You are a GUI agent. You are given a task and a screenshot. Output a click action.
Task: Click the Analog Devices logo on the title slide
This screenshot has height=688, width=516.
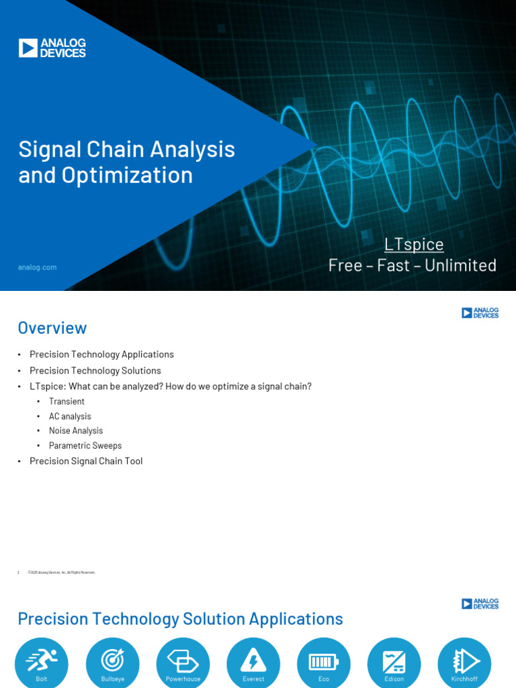coord(52,48)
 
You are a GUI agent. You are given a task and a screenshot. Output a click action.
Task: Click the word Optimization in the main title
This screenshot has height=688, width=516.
coord(127,175)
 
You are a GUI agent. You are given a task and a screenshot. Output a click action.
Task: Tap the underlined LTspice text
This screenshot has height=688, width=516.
coord(414,244)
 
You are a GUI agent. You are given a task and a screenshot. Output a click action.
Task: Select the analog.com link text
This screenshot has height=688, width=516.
coord(37,267)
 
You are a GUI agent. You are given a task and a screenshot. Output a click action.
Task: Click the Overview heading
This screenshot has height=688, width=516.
coord(52,328)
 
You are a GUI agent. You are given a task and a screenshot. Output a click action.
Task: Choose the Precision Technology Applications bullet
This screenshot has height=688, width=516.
coord(101,354)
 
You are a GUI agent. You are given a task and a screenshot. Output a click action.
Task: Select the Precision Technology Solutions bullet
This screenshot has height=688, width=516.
coord(95,370)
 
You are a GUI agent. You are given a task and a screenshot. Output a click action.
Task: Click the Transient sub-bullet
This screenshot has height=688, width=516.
coord(67,401)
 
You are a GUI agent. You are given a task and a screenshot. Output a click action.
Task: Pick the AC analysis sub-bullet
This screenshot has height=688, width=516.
coord(70,417)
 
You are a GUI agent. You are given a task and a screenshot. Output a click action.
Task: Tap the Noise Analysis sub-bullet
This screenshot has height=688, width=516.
coord(76,431)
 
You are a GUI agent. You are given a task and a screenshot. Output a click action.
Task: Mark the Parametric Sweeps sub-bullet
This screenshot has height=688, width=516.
coord(85,445)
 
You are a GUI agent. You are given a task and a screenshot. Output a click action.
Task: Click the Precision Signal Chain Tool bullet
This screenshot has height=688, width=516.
coord(86,461)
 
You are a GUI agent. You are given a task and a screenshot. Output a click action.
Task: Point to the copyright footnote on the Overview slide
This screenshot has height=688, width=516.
coord(61,572)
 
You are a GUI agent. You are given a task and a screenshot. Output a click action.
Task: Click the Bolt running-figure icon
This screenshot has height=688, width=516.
coord(42,662)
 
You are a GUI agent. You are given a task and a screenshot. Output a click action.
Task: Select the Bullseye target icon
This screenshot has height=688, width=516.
coord(112,662)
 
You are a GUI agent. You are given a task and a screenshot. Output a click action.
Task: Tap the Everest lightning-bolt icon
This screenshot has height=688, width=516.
coord(253,662)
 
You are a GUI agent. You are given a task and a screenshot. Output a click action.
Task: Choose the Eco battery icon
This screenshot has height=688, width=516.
coord(324,662)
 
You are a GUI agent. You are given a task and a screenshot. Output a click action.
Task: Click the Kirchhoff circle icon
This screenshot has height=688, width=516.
coord(464,662)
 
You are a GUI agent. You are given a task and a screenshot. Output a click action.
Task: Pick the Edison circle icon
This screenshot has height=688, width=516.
coord(394,662)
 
